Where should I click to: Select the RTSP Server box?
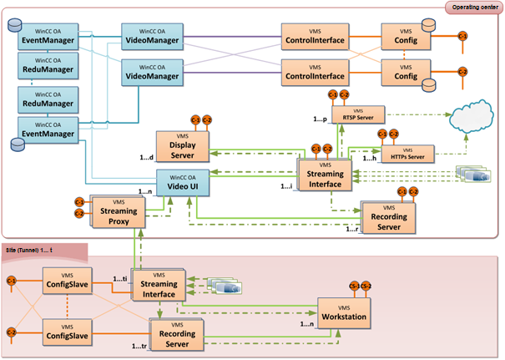tap(358, 116)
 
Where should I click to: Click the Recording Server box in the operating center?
tap(389, 219)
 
